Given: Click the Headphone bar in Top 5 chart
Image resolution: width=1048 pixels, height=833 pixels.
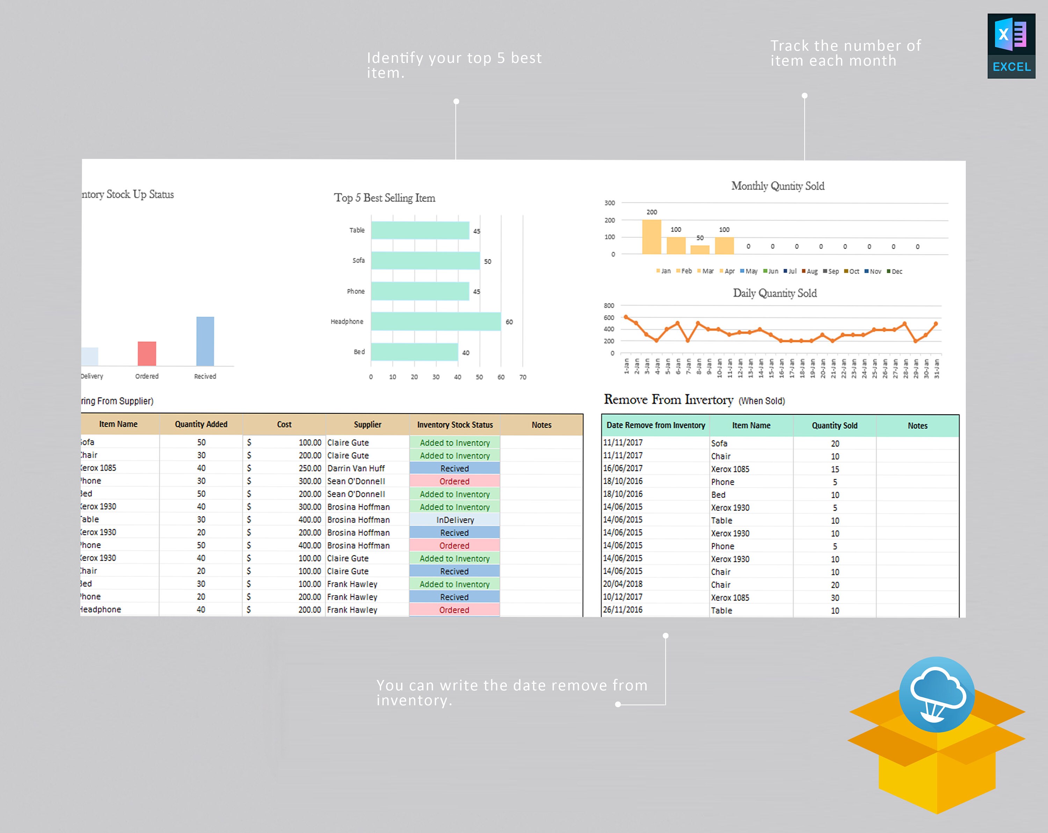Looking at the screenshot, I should pyautogui.click(x=436, y=321).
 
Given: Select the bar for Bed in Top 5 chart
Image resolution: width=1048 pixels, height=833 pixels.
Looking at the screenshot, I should pyautogui.click(x=414, y=352).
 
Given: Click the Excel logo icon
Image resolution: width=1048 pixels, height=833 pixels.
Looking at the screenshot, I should pyautogui.click(x=1011, y=46).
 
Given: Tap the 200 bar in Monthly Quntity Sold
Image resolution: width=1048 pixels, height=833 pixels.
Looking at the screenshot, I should pyautogui.click(x=652, y=237).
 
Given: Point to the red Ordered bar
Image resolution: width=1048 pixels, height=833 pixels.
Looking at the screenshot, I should pyautogui.click(x=147, y=354).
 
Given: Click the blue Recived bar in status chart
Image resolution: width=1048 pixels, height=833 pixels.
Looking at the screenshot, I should pyautogui.click(x=205, y=341).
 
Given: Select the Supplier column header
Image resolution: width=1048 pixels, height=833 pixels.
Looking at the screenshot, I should pyautogui.click(x=367, y=425).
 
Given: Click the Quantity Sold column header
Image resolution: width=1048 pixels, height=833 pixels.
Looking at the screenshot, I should pyautogui.click(x=835, y=426).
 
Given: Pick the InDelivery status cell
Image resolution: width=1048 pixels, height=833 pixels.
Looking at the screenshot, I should pyautogui.click(x=454, y=520).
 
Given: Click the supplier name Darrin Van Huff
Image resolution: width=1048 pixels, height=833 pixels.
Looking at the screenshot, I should pyautogui.click(x=356, y=468).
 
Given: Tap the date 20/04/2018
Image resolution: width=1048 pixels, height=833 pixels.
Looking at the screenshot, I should pyautogui.click(x=623, y=584).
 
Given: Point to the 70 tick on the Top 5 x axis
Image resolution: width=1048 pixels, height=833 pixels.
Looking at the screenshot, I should pyautogui.click(x=523, y=377).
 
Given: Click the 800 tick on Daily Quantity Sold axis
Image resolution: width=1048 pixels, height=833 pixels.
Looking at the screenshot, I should pyautogui.click(x=609, y=305).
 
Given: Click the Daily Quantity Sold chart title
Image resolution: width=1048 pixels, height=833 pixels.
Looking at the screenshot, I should pyautogui.click(x=775, y=293).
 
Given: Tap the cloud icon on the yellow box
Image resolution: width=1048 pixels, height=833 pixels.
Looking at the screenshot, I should pyautogui.click(x=937, y=694).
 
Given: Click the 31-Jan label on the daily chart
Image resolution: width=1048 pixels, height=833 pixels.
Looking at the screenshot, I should pyautogui.click(x=937, y=369).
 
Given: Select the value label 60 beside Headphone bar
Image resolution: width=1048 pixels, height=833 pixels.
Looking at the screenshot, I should pyautogui.click(x=509, y=322).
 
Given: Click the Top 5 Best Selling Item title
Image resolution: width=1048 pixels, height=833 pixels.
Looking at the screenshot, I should pyautogui.click(x=385, y=198).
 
